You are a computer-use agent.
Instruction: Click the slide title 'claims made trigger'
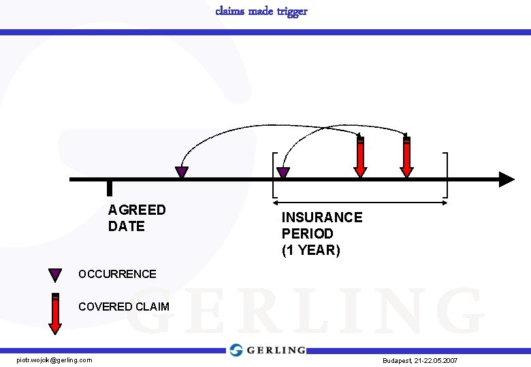[261, 11]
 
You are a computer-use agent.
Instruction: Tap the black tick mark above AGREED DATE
[110, 188]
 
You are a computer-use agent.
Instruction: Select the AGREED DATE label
[137, 218]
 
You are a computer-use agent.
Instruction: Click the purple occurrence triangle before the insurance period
[182, 172]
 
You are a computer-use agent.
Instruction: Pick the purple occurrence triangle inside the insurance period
[283, 173]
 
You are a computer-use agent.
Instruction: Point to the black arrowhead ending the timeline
[506, 179]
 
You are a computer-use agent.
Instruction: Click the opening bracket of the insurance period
[274, 174]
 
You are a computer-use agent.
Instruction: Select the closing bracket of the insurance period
[446, 174]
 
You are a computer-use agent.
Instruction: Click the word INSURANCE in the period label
[322, 217]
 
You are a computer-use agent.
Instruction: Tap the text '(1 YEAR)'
[310, 250]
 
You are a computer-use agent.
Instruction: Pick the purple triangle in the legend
[55, 275]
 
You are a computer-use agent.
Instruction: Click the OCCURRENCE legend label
[117, 275]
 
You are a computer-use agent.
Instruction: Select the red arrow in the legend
[55, 313]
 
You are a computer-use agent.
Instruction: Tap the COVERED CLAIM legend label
[123, 307]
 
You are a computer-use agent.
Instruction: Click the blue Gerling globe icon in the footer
[236, 350]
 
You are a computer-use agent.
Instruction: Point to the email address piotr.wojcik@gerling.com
[54, 360]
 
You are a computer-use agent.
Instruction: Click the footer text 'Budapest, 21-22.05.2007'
[420, 360]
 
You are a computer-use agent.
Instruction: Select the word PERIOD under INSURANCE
[308, 234]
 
